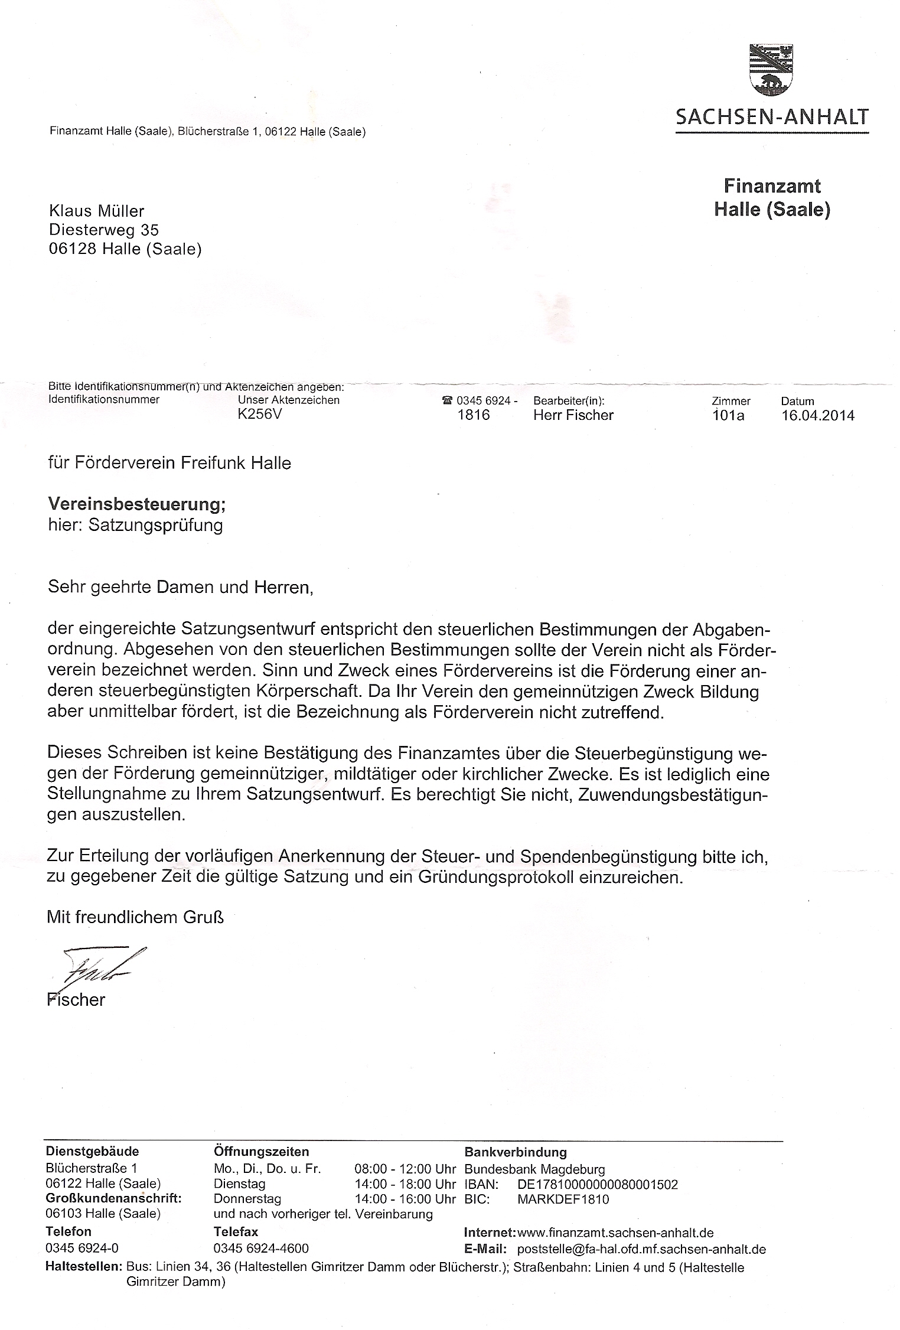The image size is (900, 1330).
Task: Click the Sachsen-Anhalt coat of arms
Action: tap(772, 69)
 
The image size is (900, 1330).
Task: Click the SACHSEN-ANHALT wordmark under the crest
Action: tap(772, 117)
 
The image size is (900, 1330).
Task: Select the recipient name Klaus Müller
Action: tap(96, 211)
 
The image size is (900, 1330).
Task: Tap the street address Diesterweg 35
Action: tap(104, 230)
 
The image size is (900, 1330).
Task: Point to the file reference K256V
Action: tap(260, 415)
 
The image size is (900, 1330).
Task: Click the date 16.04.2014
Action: tap(817, 415)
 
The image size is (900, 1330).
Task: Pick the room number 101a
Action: tap(728, 415)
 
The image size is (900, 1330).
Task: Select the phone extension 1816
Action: tap(474, 415)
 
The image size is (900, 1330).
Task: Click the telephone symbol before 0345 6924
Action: tap(447, 400)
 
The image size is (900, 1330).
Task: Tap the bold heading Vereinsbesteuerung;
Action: tap(137, 504)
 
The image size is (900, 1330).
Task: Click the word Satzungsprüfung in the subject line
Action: tap(155, 525)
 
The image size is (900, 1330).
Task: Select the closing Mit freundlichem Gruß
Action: tap(135, 917)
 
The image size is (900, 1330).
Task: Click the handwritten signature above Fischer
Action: tap(97, 966)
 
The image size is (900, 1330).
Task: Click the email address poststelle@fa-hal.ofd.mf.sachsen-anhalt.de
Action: tap(641, 1249)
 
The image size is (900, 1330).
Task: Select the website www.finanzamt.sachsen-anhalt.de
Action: tap(615, 1233)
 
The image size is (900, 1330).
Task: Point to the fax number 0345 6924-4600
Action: tap(261, 1248)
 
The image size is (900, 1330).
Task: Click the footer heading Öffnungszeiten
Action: tap(261, 1152)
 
